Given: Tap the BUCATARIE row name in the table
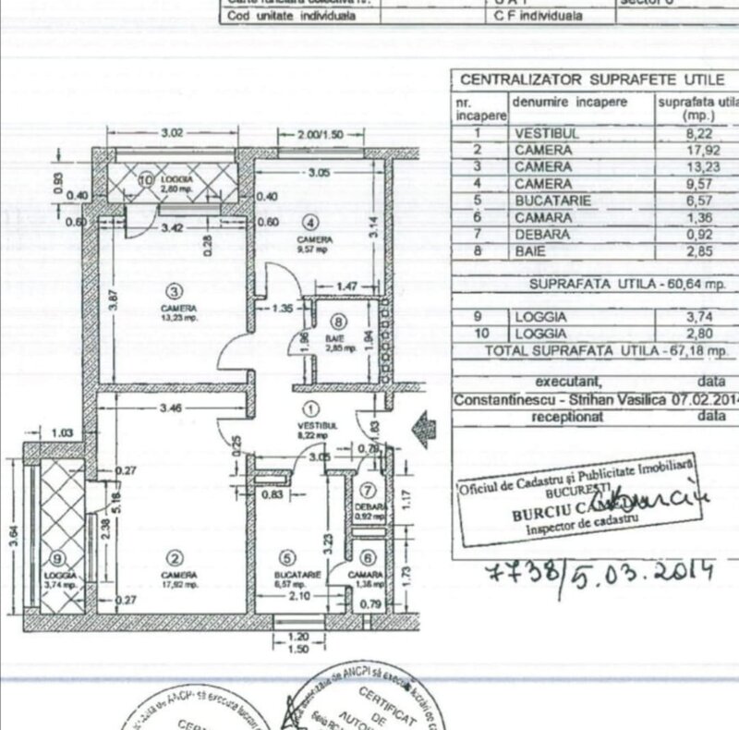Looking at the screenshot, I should (551, 201).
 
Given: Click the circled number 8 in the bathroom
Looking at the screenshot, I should (338, 322).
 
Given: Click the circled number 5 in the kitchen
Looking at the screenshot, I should (287, 557).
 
